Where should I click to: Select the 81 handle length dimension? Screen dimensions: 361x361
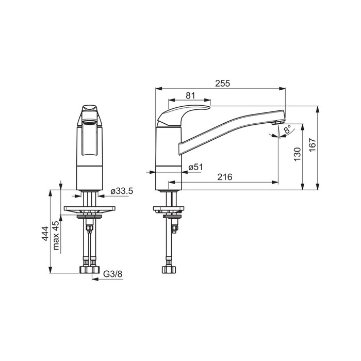[190, 95]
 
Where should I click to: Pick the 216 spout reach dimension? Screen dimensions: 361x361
[224, 177]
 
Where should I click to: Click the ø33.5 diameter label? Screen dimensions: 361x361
[122, 191]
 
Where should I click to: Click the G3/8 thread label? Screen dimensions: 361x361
[113, 275]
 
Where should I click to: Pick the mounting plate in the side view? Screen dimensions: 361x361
[169, 210]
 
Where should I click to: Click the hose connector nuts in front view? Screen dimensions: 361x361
[89, 270]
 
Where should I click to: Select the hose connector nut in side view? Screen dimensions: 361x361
[169, 270]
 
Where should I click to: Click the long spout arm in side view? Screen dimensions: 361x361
[232, 126]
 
